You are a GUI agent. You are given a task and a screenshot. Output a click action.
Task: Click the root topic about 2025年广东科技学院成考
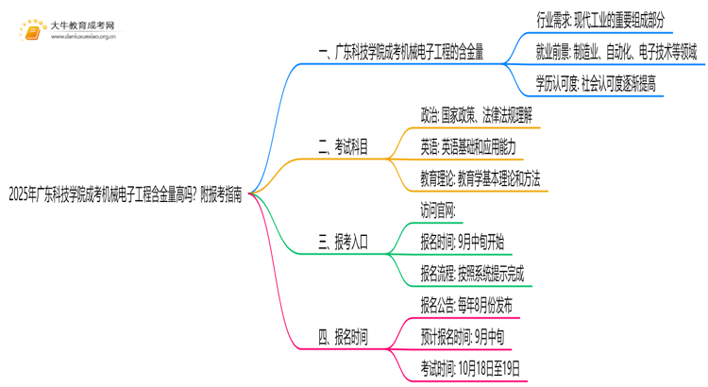pyautogui.click(x=124, y=196)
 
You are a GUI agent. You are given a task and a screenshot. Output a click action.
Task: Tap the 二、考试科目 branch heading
pyautogui.click(x=344, y=147)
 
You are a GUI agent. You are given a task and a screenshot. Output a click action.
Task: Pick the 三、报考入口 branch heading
pyautogui.click(x=344, y=243)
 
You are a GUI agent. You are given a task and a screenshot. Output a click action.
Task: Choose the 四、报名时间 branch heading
pyautogui.click(x=344, y=337)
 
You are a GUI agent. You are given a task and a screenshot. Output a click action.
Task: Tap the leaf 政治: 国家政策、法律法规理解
pyautogui.click(x=477, y=115)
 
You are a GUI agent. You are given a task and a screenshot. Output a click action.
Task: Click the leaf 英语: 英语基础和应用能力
pyautogui.click(x=468, y=147)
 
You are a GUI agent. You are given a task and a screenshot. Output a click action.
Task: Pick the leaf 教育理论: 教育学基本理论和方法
pyautogui.click(x=480, y=179)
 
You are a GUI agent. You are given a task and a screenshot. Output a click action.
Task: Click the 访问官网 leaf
pyautogui.click(x=439, y=210)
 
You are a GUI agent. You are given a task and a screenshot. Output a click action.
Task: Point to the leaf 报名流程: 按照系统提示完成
pyautogui.click(x=472, y=275)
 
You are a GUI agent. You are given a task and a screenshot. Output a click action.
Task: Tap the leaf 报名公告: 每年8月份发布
pyautogui.click(x=466, y=306)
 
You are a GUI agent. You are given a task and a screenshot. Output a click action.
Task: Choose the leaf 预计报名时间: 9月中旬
pyautogui.click(x=463, y=337)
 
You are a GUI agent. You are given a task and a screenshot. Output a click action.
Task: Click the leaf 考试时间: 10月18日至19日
pyautogui.click(x=470, y=369)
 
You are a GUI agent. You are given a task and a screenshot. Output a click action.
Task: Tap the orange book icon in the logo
pyautogui.click(x=32, y=31)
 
